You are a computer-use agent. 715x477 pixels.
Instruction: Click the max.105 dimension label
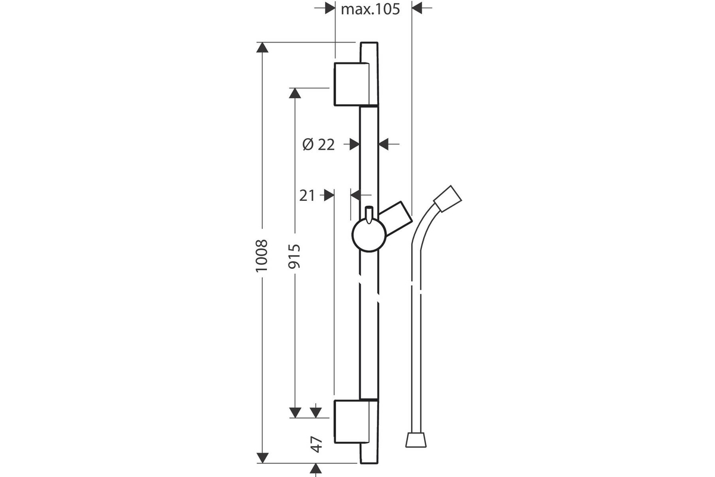(x=370, y=10)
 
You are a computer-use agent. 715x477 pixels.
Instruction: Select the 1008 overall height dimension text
(x=262, y=256)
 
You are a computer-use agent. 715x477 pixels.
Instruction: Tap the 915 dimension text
(x=294, y=256)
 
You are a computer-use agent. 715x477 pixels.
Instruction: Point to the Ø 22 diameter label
(x=319, y=145)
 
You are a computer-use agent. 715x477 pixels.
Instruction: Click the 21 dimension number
(x=307, y=196)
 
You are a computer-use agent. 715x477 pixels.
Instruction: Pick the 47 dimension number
(x=316, y=444)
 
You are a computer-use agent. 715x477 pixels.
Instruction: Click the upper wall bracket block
(x=352, y=84)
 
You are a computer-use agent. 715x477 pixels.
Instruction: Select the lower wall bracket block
(x=352, y=422)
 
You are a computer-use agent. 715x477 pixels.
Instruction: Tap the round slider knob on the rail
(x=369, y=235)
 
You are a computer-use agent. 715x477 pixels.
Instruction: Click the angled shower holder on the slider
(x=395, y=219)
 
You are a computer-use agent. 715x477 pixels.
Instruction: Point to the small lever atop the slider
(x=369, y=215)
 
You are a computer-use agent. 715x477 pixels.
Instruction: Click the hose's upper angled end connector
(x=447, y=199)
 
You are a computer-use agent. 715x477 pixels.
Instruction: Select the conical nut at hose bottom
(x=416, y=439)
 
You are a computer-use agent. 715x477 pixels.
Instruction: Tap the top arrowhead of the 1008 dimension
(x=262, y=47)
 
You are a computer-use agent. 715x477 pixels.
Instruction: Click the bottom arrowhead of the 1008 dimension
(x=262, y=458)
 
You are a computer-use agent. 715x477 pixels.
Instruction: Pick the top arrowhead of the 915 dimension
(x=295, y=93)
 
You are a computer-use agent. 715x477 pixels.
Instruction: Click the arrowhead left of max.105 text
(x=330, y=8)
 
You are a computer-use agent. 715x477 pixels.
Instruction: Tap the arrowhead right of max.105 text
(x=417, y=8)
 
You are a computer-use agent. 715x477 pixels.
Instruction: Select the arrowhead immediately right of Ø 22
(x=355, y=144)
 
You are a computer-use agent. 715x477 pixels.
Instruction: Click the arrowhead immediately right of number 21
(x=329, y=195)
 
